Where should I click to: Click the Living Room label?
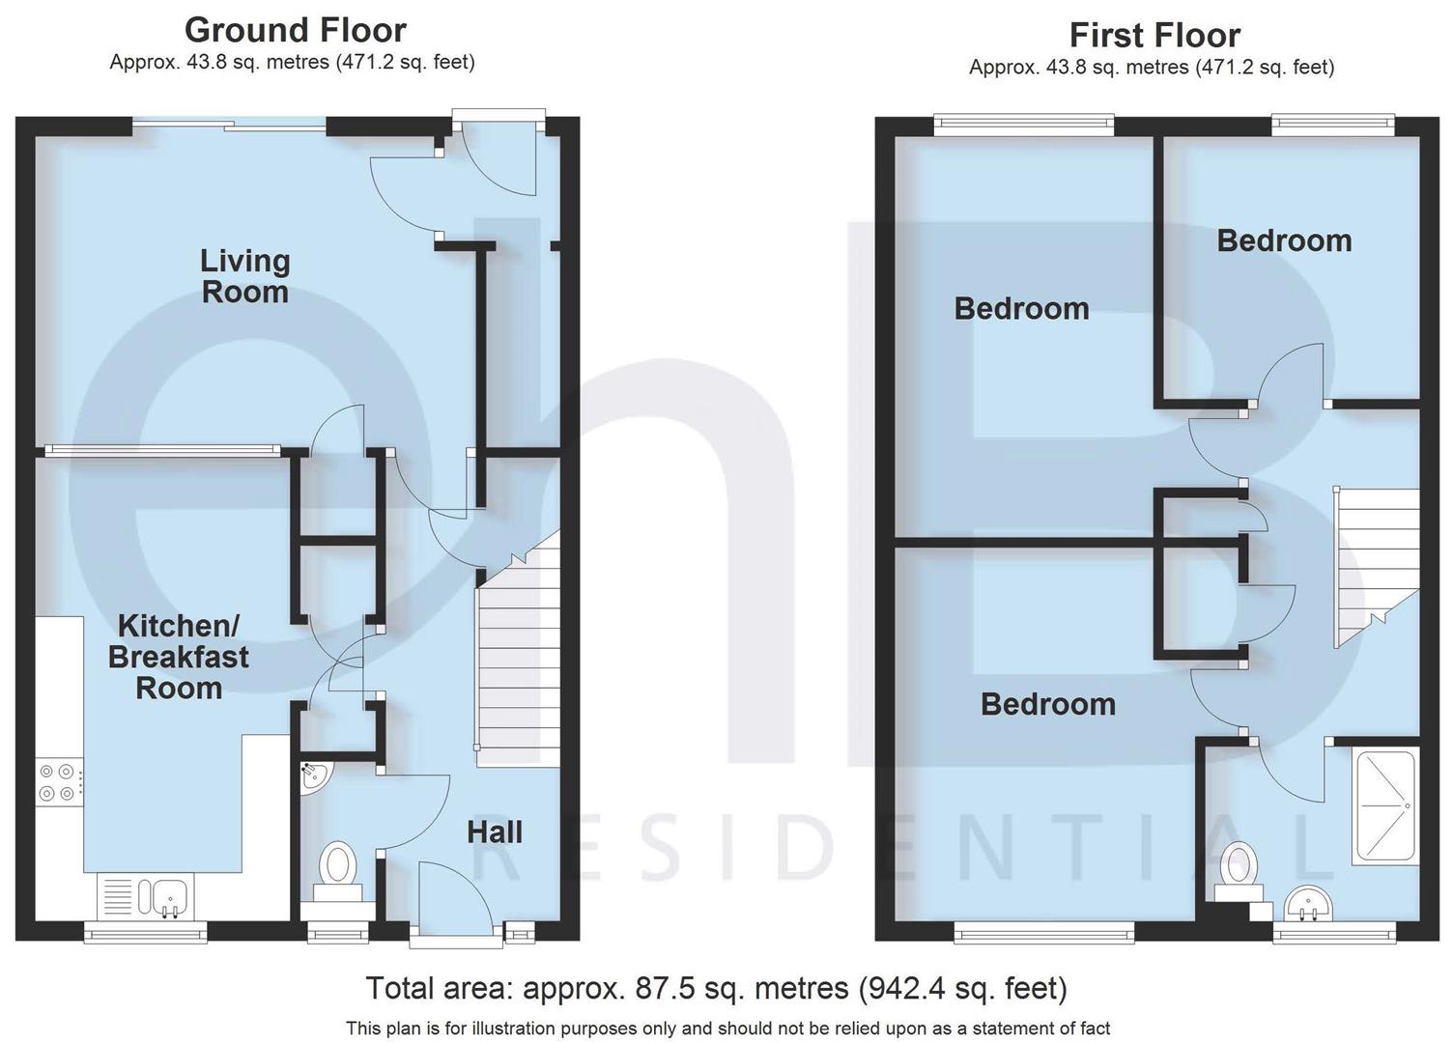(244, 276)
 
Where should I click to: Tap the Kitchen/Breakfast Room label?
(178, 657)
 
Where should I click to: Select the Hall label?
(494, 832)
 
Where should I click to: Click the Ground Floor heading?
(295, 30)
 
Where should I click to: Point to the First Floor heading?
(1154, 36)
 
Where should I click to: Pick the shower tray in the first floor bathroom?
(1386, 803)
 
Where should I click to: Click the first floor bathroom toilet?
(1238, 868)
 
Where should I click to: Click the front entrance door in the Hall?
(455, 903)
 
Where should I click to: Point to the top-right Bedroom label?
(1283, 240)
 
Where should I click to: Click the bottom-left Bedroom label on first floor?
(1047, 704)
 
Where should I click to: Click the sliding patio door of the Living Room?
(230, 124)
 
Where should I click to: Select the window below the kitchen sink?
(145, 932)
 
